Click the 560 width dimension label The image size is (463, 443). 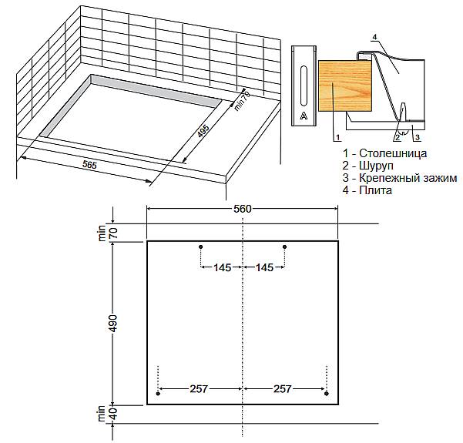[243, 209]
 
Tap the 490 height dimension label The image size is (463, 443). [113, 324]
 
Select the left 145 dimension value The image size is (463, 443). [223, 267]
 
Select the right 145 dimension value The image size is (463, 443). [264, 267]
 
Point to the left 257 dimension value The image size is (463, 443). [199, 388]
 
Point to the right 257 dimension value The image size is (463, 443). [283, 388]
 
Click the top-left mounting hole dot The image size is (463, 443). [201, 247]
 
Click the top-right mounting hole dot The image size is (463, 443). [284, 247]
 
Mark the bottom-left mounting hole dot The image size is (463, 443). [158, 394]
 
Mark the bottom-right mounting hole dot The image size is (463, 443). [327, 394]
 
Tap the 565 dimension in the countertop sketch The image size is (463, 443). [89, 165]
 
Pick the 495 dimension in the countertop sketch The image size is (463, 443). [203, 131]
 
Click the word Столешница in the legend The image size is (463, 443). [393, 153]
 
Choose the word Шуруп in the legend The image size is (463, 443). [376, 166]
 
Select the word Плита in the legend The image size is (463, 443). [376, 190]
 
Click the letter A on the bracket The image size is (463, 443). [304, 116]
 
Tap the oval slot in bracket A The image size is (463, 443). [304, 86]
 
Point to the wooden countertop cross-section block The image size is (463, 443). [345, 86]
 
